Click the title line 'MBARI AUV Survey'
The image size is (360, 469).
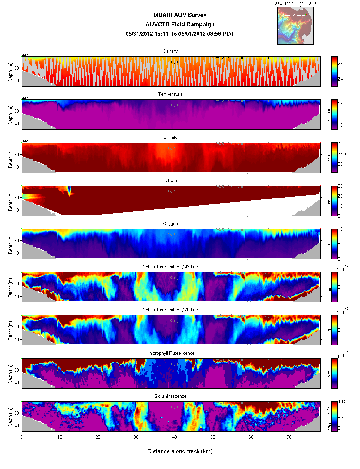[x=180, y=15]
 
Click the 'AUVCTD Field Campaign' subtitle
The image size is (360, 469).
[x=180, y=25]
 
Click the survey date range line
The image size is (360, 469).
[x=180, y=34]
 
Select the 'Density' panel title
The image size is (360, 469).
[x=170, y=51]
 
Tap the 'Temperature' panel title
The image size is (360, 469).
[x=170, y=94]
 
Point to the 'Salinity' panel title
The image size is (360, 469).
[x=170, y=138]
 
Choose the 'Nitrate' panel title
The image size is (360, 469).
[x=170, y=181]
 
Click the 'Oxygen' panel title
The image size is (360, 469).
[x=170, y=224]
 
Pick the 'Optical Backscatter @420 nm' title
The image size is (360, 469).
[x=170, y=267]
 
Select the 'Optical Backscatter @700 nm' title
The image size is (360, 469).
[x=170, y=310]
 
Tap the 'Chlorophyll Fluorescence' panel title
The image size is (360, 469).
[x=170, y=353]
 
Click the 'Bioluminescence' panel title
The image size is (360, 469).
[x=170, y=396]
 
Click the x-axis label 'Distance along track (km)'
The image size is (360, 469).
[x=180, y=451]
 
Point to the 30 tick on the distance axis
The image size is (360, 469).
[x=136, y=437]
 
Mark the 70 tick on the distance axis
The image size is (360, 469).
[x=289, y=437]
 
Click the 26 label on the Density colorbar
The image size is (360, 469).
[x=340, y=64]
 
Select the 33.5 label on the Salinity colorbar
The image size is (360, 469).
[x=342, y=154]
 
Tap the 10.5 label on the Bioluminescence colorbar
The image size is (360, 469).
[x=342, y=402]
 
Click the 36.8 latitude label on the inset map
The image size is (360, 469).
[x=272, y=22]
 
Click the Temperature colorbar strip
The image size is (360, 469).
[x=334, y=114]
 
